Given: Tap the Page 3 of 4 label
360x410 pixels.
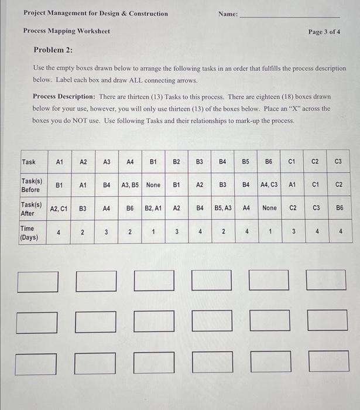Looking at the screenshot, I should coord(324,31).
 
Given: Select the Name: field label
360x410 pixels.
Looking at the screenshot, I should coord(228,13).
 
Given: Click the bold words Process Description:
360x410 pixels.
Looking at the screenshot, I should coord(64,96).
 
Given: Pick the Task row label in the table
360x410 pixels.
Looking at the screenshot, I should coord(28,162).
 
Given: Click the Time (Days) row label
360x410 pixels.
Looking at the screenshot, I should coord(28,233).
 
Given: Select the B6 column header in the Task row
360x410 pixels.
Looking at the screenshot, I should coord(269,162).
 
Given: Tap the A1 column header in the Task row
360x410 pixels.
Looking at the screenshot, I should coord(60,162).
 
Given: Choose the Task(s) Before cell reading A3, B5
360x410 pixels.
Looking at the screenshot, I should coord(130,185).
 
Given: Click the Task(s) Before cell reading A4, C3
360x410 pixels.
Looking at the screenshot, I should coord(269,185).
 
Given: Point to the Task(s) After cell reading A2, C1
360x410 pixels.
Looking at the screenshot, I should coord(59,208).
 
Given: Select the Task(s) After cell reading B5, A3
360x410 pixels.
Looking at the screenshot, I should coord(222,208).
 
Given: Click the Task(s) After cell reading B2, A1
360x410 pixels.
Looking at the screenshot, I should coord(153,208).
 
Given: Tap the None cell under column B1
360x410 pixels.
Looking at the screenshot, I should coord(153,185).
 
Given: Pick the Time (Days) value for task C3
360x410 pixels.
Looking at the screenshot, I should coord(338,232).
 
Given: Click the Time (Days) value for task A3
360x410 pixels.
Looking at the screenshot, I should coord(107,232).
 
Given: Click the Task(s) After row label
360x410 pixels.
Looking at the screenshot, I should coord(31,209).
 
